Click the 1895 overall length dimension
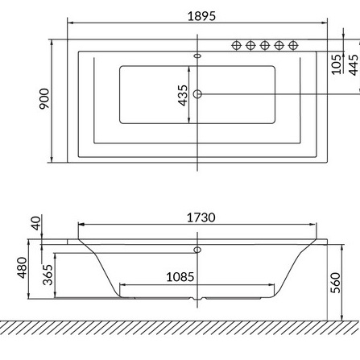(201, 15)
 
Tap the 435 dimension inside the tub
(183, 95)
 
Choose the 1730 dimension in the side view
(201, 217)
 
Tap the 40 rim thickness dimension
(35, 223)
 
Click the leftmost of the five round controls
(238, 45)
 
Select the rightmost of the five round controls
(292, 45)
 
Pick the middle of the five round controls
(265, 45)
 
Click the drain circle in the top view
(198, 95)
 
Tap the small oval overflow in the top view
(198, 56)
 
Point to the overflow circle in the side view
(197, 250)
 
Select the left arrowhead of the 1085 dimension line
(122, 284)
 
